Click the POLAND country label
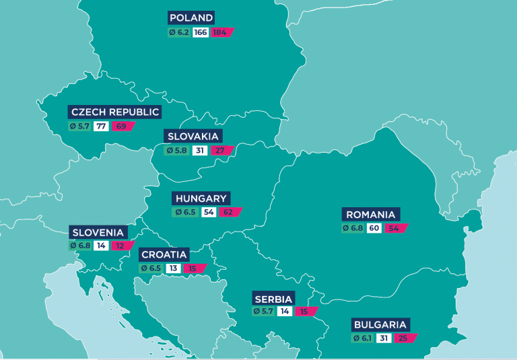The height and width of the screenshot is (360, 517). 192,18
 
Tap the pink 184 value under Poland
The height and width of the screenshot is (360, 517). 221,32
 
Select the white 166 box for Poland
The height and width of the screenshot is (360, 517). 201,32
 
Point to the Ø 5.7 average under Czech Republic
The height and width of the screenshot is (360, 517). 79,127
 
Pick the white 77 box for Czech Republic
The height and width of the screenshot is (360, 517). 101,127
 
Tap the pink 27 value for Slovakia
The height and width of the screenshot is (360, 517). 220,151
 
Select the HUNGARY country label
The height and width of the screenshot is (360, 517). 201,199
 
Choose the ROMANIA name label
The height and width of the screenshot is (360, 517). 370,215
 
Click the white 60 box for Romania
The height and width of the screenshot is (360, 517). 374,229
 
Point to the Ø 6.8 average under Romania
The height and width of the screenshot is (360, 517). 353,229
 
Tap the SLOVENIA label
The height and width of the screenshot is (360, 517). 98,232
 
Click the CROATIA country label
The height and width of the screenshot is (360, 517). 164,255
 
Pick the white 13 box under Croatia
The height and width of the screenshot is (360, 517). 172,268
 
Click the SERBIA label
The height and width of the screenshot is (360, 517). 273,299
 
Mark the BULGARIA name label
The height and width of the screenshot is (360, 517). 380,324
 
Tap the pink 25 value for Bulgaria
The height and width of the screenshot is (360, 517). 405,338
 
